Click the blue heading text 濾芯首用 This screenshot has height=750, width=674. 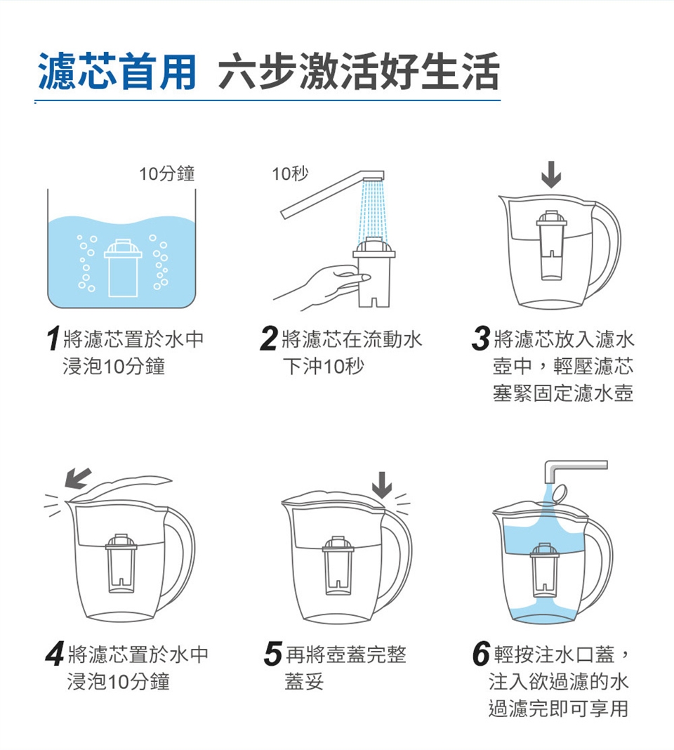click(x=117, y=72)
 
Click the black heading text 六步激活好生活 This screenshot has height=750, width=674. click(x=359, y=72)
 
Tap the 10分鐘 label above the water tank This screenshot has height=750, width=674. click(x=167, y=173)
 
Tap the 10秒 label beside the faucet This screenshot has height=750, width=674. click(x=291, y=173)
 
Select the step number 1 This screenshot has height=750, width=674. click(x=53, y=338)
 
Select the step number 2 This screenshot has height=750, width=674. click(x=269, y=338)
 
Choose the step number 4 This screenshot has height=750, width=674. click(x=55, y=654)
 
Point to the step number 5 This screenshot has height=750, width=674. click(x=273, y=654)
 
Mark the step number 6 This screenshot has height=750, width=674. click(x=481, y=654)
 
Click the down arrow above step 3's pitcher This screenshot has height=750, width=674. click(x=551, y=174)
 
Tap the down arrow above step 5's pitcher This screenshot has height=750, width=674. click(x=382, y=485)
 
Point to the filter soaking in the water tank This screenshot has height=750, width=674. click(x=123, y=268)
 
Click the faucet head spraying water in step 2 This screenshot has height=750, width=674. click(x=374, y=176)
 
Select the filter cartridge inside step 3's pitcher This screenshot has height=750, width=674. click(x=551, y=245)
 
